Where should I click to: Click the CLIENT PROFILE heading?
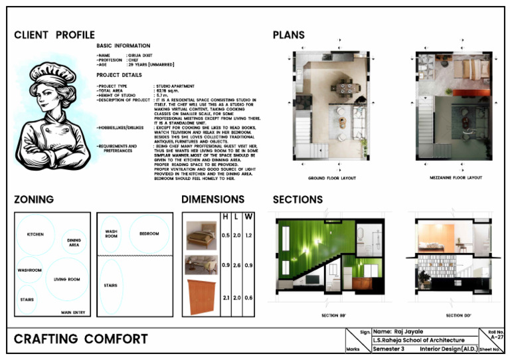point(54,35)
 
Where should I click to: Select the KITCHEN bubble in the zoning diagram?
point(35,235)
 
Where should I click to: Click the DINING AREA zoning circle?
point(74,243)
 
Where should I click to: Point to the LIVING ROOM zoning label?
point(66,280)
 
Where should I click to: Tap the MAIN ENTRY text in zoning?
point(74,312)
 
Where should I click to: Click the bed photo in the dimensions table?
point(201,235)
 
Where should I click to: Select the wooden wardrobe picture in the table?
point(201,297)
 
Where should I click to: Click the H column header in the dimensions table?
point(225,217)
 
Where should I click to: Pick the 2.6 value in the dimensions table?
point(236,266)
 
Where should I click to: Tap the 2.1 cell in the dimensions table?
point(225,298)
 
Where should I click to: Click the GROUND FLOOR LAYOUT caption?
point(331,178)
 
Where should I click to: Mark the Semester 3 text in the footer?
point(388,349)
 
